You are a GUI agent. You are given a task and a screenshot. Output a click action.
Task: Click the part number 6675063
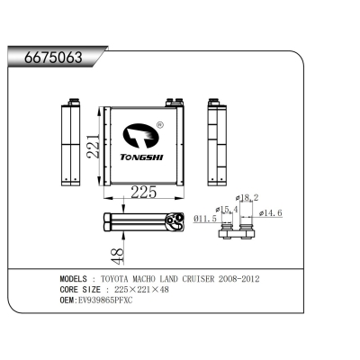pyautogui.click(x=53, y=58)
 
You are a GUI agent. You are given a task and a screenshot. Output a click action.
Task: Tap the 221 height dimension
pyautogui.click(x=93, y=146)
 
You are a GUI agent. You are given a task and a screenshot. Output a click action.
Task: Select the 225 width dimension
pyautogui.click(x=144, y=192)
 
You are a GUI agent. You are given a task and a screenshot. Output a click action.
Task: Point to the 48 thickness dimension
pyautogui.click(x=117, y=256)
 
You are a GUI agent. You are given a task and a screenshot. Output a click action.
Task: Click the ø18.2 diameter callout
pyautogui.click(x=247, y=198)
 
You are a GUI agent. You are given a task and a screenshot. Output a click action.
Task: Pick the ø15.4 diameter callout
pyautogui.click(x=227, y=210)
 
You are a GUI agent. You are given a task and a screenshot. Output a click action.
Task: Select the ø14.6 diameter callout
pyautogui.click(x=271, y=213)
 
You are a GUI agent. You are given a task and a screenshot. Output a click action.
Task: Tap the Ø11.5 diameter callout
pyautogui.click(x=205, y=219)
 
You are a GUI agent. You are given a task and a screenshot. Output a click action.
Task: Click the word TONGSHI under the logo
pyautogui.click(x=141, y=157)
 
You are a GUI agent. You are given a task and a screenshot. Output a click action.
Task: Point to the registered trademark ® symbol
pyautogui.click(x=160, y=125)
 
